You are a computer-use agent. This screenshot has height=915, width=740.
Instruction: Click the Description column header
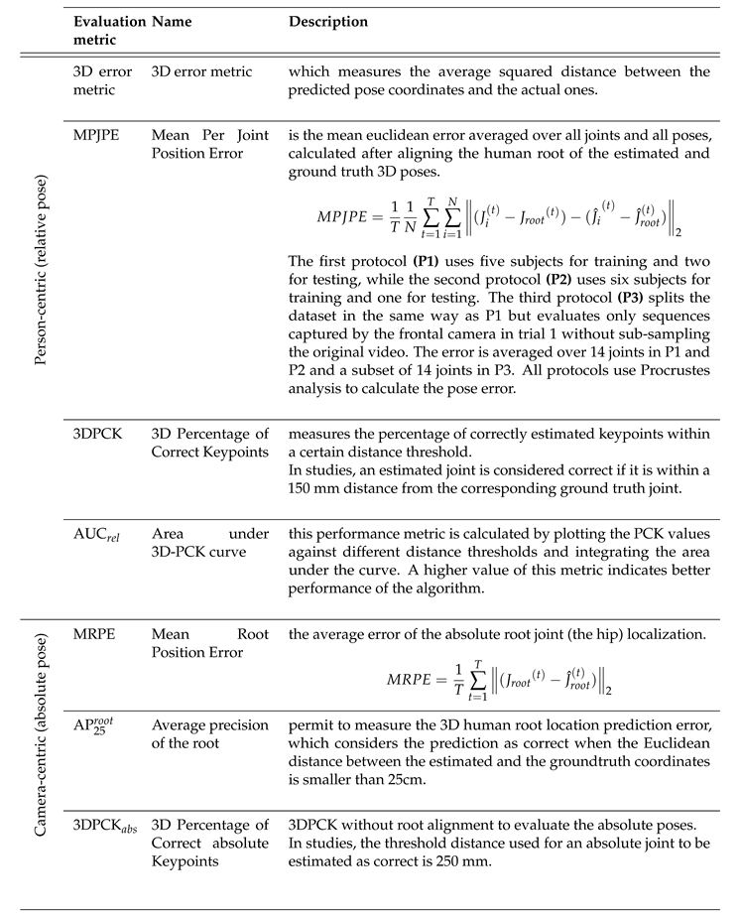(x=327, y=22)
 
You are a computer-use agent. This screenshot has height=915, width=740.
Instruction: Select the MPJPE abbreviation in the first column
(x=96, y=135)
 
